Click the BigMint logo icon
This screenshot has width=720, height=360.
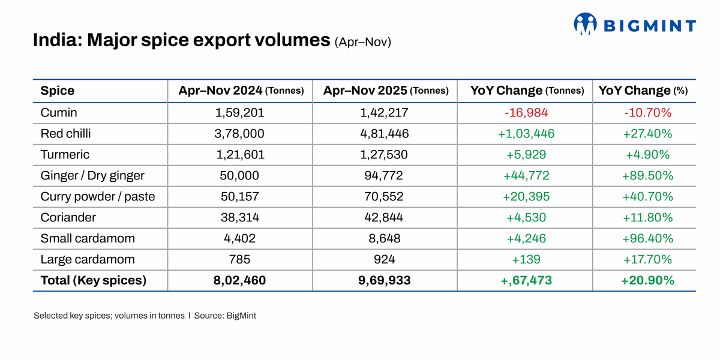point(585,24)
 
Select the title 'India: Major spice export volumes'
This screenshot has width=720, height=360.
point(181,40)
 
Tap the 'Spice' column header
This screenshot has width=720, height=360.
point(58,91)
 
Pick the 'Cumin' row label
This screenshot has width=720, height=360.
point(59,112)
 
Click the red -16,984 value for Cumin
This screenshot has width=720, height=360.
point(526,112)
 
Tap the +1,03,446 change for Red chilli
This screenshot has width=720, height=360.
point(526,133)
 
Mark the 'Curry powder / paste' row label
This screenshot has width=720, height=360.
point(98,196)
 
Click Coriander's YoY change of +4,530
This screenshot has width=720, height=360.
point(526,217)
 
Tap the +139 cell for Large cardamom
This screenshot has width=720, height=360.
point(526,259)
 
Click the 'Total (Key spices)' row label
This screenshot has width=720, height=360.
point(94,280)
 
